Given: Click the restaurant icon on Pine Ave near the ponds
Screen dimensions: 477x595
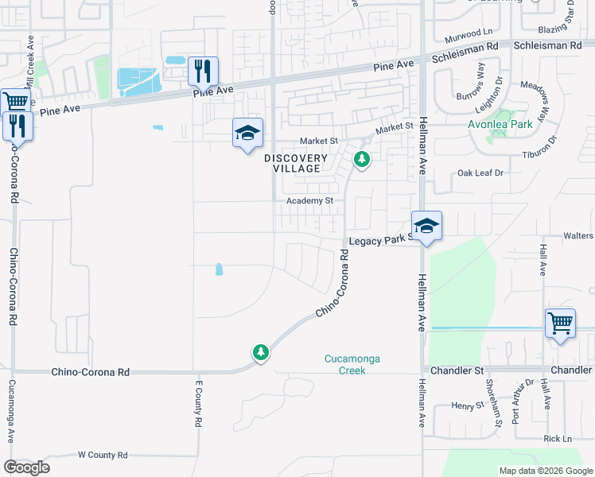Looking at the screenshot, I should pyautogui.click(x=203, y=71).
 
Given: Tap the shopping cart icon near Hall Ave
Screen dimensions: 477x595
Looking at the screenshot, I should pyautogui.click(x=560, y=323).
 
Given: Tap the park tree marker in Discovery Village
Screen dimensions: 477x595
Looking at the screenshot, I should pyautogui.click(x=362, y=160).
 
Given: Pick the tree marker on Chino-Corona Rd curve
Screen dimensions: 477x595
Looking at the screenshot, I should pyautogui.click(x=260, y=352).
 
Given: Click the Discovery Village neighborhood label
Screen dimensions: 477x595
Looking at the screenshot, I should pyautogui.click(x=295, y=163).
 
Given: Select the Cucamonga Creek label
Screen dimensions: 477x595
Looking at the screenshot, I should pyautogui.click(x=352, y=364).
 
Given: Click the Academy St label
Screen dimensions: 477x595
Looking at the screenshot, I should pyautogui.click(x=310, y=201).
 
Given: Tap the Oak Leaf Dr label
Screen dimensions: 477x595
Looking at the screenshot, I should pyautogui.click(x=481, y=173).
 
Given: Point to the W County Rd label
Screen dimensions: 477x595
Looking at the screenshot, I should pyautogui.click(x=103, y=455).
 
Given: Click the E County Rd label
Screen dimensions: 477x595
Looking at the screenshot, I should pyautogui.click(x=198, y=403).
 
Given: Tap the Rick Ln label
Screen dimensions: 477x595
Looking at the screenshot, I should pyautogui.click(x=558, y=439).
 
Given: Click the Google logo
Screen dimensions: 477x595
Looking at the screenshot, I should pyautogui.click(x=26, y=467).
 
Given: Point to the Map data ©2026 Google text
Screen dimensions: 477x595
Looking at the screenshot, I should pyautogui.click(x=545, y=471).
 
